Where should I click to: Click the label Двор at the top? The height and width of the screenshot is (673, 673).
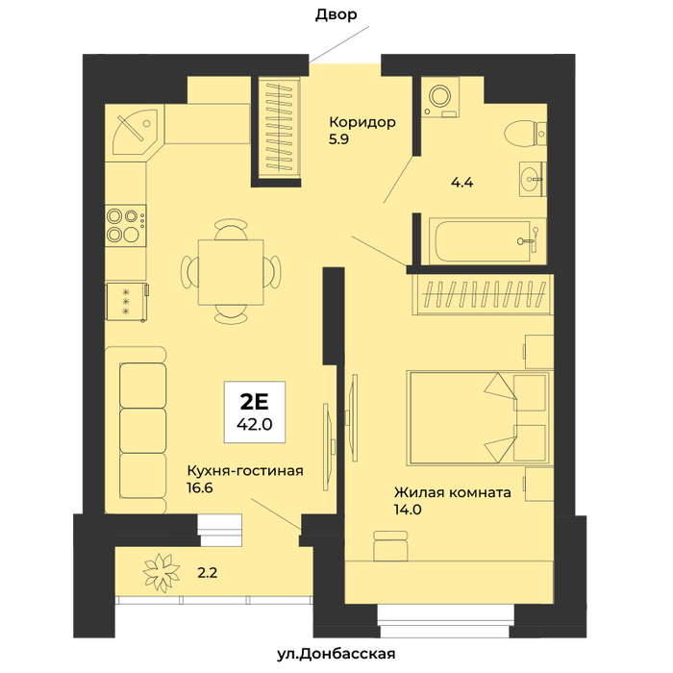click(x=336, y=15)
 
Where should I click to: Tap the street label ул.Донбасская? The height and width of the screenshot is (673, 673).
click(x=336, y=654)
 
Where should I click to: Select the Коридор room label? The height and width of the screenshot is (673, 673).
click(x=362, y=122)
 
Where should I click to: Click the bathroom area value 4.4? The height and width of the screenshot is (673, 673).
click(x=461, y=183)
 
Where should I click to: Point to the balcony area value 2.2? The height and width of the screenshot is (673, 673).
click(x=208, y=573)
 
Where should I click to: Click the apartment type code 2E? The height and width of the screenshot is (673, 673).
click(x=255, y=401)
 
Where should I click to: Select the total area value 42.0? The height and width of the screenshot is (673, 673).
click(x=255, y=425)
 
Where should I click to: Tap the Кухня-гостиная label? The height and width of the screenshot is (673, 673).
click(x=245, y=471)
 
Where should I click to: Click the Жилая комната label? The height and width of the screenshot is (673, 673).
click(x=453, y=492)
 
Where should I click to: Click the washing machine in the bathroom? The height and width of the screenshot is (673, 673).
click(x=440, y=96)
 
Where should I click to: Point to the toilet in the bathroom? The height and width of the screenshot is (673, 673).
click(x=525, y=134)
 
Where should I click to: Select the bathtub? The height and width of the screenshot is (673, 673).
click(x=488, y=241)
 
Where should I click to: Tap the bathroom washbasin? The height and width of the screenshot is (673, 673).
click(x=533, y=179)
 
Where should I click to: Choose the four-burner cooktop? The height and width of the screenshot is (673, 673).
click(x=126, y=225)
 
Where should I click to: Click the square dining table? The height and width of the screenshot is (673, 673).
click(x=231, y=272)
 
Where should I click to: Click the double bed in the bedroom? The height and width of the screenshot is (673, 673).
click(x=479, y=418)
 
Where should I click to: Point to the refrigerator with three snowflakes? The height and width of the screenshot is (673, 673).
click(x=127, y=302)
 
